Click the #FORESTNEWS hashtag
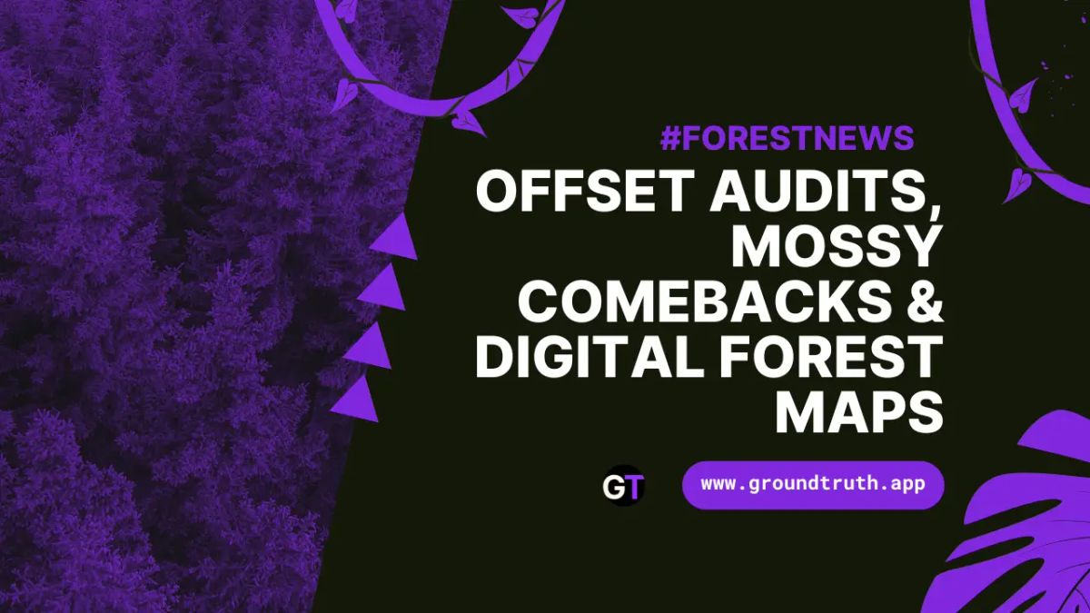coord(787,138)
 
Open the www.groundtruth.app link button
coord(813,485)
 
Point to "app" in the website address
coord(908,485)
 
